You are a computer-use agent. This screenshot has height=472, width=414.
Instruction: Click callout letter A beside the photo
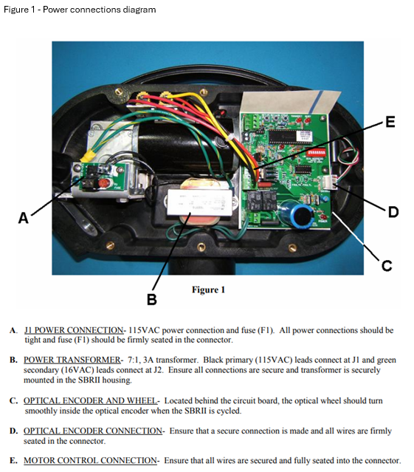point(24,218)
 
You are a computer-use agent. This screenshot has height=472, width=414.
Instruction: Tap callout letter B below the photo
point(152,299)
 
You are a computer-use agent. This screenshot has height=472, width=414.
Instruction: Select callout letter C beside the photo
point(387,265)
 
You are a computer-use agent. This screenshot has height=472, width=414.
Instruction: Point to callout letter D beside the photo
point(393,212)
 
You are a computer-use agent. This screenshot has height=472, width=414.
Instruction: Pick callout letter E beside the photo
point(390,122)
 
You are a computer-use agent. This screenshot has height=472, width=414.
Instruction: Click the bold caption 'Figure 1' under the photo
point(208,290)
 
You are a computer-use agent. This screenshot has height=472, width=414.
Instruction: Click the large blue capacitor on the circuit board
point(296,213)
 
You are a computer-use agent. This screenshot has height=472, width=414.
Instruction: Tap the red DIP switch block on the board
point(316,151)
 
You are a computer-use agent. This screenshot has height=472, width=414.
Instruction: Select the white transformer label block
point(200,202)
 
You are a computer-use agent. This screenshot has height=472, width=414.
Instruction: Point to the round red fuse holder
point(104,183)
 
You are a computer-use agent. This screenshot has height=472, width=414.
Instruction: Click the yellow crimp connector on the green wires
point(89,156)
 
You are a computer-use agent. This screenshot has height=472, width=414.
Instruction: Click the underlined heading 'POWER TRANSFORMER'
point(72,360)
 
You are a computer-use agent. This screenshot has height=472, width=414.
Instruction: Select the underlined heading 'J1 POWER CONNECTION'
point(74,330)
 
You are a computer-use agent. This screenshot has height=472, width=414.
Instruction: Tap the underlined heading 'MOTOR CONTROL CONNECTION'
point(90,461)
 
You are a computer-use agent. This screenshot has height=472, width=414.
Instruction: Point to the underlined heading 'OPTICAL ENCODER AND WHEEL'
point(90,401)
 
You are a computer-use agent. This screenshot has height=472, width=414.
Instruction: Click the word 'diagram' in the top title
point(139,10)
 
